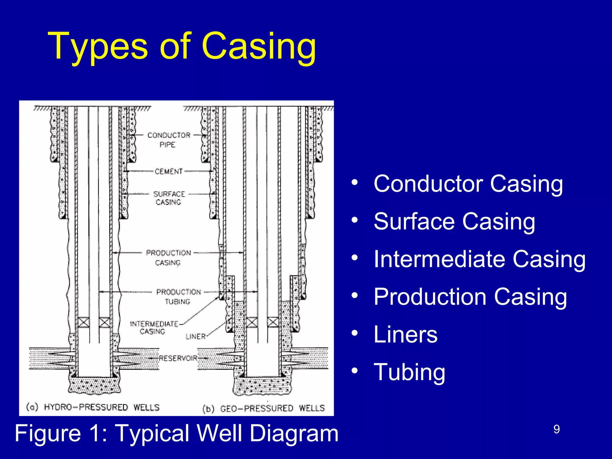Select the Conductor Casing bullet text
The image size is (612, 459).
coord(468,183)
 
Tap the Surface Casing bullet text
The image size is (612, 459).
coord(454,221)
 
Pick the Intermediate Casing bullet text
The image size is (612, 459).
coord(479,259)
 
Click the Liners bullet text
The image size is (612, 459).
coord(405,334)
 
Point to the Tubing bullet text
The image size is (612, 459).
coord(409,372)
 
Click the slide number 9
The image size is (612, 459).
coord(556,429)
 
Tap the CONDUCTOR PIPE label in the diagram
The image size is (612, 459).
coord(169,140)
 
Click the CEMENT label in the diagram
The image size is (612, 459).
coord(169,172)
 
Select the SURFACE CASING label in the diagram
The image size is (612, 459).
coord(169,198)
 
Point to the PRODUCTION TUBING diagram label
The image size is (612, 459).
coord(178,296)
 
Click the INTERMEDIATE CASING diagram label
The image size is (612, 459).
coord(153,328)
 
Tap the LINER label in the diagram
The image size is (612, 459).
coord(195,336)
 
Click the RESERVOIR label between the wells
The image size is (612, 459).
coord(178,358)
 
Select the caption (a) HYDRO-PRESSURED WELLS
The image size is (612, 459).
coord(93,407)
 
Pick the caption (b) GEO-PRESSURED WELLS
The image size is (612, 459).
coord(263,408)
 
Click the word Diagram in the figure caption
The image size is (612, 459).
coord(294,433)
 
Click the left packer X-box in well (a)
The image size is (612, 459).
coord(83,323)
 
